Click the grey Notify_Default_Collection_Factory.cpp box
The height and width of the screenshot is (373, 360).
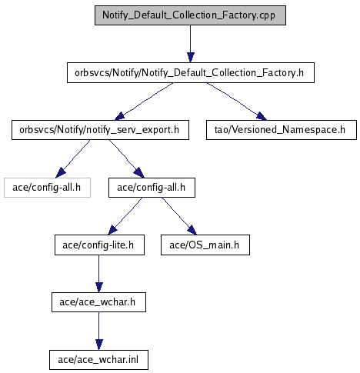190,15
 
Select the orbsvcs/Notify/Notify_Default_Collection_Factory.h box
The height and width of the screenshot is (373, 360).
191,73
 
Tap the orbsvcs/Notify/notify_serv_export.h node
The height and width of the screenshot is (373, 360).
100,130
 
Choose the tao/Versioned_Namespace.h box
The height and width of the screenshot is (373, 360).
282,130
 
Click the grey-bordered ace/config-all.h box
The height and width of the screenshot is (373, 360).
47,188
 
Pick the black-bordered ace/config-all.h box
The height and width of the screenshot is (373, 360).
152,188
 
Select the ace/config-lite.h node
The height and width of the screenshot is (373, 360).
99,245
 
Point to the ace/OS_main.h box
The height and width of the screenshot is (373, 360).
205,245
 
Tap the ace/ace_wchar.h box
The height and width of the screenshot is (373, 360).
98,302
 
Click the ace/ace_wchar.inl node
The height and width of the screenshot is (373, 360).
98,360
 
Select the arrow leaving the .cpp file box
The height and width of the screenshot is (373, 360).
190,44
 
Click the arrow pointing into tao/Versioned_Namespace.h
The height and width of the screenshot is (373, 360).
236,101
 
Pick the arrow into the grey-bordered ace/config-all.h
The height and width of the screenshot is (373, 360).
72,159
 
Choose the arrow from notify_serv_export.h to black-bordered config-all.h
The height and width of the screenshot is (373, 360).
127,159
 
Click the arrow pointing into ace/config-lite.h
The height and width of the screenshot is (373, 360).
125,216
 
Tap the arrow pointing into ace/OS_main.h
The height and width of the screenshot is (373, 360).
179,216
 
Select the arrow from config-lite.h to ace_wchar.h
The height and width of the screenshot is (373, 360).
99,274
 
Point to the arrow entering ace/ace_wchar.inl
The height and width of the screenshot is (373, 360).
99,331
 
